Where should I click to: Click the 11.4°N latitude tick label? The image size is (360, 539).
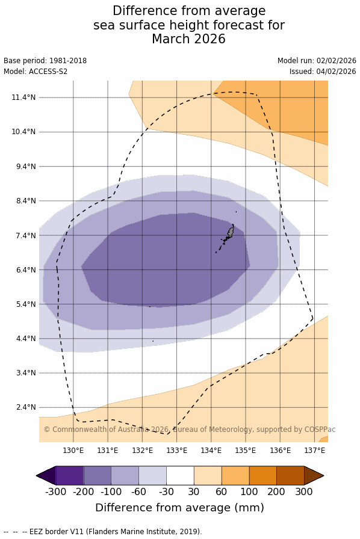(x=23, y=97)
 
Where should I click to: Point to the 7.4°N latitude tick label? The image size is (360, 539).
(x=26, y=235)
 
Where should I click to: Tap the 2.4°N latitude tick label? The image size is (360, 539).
(x=26, y=407)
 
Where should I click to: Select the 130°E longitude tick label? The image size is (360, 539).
(x=73, y=451)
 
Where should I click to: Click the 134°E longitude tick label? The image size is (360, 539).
(x=211, y=451)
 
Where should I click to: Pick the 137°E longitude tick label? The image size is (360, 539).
(x=315, y=451)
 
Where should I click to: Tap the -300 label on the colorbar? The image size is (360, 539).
(x=56, y=491)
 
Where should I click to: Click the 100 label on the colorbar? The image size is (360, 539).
(x=249, y=491)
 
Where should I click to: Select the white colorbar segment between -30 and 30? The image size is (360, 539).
(x=180, y=475)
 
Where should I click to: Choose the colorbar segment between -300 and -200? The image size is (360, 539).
(x=69, y=475)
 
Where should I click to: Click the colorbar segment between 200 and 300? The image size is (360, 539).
(x=290, y=475)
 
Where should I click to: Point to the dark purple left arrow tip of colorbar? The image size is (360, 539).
(x=37, y=475)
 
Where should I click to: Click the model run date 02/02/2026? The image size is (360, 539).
(x=337, y=61)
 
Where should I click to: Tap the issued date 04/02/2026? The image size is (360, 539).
(x=337, y=72)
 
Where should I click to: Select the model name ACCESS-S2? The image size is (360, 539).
(x=48, y=72)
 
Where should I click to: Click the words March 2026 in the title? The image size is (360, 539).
(x=188, y=39)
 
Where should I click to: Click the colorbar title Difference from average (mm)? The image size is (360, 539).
(x=179, y=508)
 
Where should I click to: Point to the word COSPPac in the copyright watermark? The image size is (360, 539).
(x=320, y=430)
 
